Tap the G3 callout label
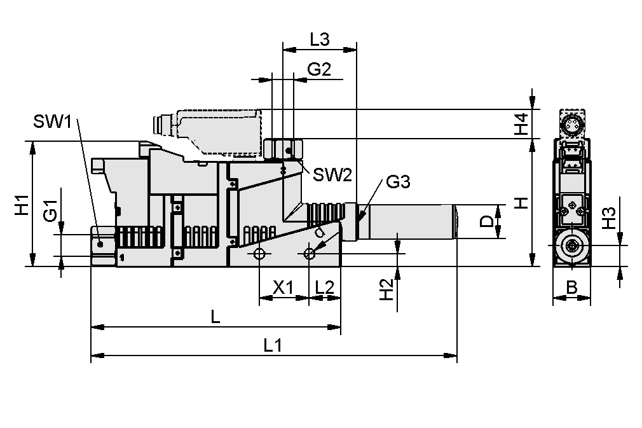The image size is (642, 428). pyautogui.click(x=397, y=183)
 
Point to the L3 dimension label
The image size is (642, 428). pyautogui.click(x=319, y=39)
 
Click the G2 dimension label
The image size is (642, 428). pyautogui.click(x=319, y=70)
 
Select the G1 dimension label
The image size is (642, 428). pyautogui.click(x=51, y=210)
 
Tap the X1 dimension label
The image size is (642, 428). pyautogui.click(x=283, y=287)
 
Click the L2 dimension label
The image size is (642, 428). pyautogui.click(x=324, y=287)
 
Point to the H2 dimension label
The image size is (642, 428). pyautogui.click(x=385, y=289)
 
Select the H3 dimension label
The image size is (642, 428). pyautogui.click(x=608, y=218)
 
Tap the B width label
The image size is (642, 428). pyautogui.click(x=571, y=288)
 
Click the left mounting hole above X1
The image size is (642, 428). pyautogui.click(x=259, y=254)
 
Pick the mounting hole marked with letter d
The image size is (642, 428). pyautogui.click(x=309, y=254)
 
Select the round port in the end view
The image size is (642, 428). pyautogui.click(x=572, y=245)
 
